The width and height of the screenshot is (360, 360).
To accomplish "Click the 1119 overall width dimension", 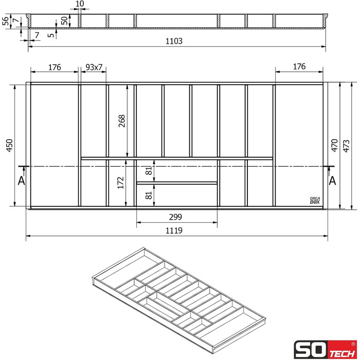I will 174,231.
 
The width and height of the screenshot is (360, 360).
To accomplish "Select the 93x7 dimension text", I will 94,67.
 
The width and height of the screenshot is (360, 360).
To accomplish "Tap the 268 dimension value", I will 122,121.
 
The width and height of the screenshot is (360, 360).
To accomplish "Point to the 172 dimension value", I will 121,183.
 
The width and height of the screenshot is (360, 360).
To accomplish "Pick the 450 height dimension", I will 9,146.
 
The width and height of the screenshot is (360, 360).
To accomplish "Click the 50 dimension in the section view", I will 64,21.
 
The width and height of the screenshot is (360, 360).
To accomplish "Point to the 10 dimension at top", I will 79,4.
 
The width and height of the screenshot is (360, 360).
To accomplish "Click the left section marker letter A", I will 21,181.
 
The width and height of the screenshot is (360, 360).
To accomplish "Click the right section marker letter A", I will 333,181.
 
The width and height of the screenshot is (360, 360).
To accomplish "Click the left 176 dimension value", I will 55,67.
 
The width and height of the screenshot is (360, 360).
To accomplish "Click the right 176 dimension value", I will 299,66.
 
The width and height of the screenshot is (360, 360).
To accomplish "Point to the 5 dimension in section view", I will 50,35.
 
